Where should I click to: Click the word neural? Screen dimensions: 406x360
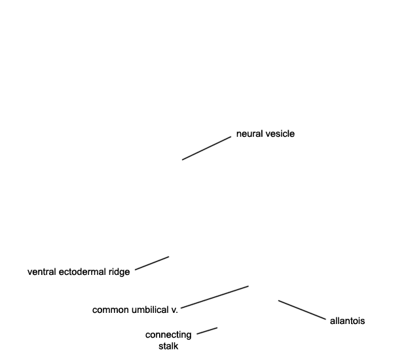[249, 134]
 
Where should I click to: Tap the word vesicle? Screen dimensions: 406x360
[280, 134]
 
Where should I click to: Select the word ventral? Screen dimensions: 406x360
[42, 272]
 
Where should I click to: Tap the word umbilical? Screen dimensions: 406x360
[150, 310]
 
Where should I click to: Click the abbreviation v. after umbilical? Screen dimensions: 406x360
[175, 310]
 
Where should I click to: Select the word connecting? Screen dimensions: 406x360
[168, 335]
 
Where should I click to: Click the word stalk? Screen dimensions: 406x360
[168, 346]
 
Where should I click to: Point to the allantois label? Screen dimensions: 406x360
[347, 321]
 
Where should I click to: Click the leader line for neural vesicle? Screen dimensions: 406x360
[207, 149]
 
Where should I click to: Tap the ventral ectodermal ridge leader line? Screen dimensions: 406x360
[152, 263]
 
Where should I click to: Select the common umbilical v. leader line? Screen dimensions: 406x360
[215, 297]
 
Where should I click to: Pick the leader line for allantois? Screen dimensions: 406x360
[302, 310]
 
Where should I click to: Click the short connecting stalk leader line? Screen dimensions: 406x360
[207, 331]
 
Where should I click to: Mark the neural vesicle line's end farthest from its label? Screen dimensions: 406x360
[182, 160]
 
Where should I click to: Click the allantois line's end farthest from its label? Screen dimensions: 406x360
[278, 300]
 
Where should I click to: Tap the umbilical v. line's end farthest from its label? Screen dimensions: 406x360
[249, 286]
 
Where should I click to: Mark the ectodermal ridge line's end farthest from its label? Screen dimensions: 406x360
[169, 257]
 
